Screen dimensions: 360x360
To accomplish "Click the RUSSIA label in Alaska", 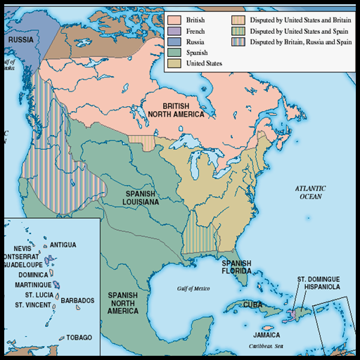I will pos(21,40).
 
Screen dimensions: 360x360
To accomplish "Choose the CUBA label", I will pos(253,304).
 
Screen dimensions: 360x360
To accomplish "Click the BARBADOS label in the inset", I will pos(77,300).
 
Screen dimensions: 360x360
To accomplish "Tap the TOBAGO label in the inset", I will pos(79,337).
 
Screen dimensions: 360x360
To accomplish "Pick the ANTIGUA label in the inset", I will pos(63,245).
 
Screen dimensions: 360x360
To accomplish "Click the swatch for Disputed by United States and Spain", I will pos(239,31).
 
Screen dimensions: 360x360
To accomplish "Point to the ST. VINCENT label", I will pos(34,305).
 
